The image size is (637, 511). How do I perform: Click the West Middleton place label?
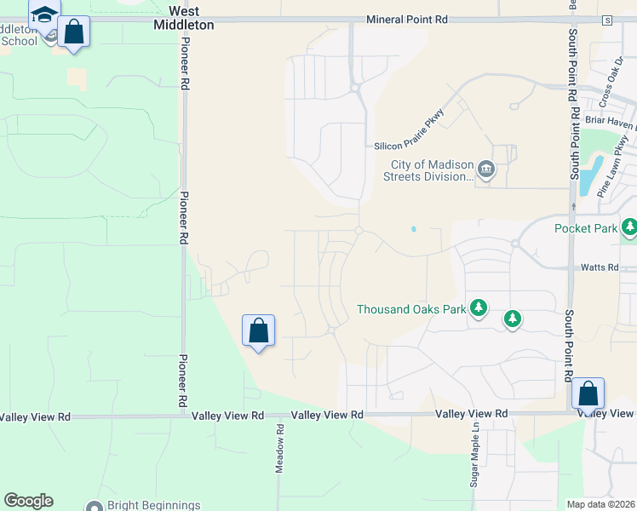coord(191,18)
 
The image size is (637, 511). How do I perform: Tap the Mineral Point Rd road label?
coord(406,19)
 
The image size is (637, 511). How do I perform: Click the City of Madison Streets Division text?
coord(431,170)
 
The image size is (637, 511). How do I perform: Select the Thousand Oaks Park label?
coord(411,309)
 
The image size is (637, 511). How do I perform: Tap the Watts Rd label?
coord(599,267)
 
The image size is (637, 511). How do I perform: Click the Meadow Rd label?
coord(279,449)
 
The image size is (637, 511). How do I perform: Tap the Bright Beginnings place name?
coord(154,505)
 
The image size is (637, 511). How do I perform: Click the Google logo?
coord(28,501)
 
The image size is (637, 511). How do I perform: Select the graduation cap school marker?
coord(44,14)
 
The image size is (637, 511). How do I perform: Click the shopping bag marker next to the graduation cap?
coord(74,32)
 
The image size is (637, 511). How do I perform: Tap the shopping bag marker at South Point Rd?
coord(588,393)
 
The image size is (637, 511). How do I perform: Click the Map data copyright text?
coord(601,504)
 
